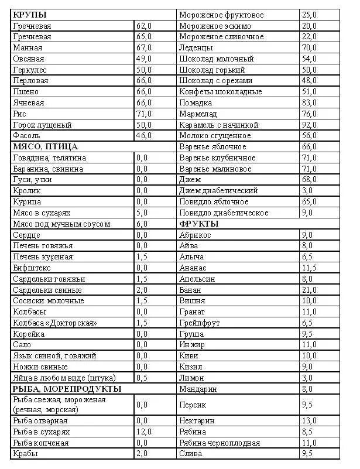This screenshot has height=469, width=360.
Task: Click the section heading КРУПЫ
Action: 30,14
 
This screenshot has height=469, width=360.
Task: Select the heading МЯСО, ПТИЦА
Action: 45,146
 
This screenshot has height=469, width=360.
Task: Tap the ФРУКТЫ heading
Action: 199,224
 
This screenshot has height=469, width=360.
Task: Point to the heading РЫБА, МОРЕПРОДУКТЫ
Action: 67,388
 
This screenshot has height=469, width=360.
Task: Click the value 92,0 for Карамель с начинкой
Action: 309,125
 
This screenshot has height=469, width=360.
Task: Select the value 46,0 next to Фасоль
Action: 144,135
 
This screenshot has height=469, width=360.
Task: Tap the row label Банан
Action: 191,290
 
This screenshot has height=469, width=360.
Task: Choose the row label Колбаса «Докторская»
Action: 54,323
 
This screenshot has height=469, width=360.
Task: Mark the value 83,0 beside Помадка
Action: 309,102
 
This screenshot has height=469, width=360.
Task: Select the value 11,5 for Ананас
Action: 309,268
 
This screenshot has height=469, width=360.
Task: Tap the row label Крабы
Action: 24,453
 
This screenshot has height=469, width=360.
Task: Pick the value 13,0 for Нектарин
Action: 309,420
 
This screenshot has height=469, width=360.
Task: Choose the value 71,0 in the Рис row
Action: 144,114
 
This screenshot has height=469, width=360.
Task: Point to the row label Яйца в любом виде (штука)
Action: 64,377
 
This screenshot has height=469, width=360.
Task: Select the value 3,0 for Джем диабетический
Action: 307,190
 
